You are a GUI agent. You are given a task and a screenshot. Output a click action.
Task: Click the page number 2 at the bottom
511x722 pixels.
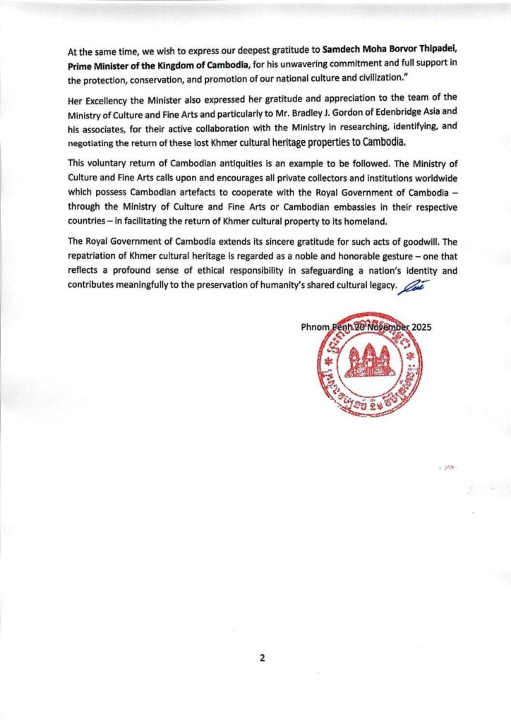point(262,658)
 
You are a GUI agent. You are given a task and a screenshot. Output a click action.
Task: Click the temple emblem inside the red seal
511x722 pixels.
point(369,363)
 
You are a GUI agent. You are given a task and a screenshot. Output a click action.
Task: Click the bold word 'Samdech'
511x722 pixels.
point(345,51)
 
